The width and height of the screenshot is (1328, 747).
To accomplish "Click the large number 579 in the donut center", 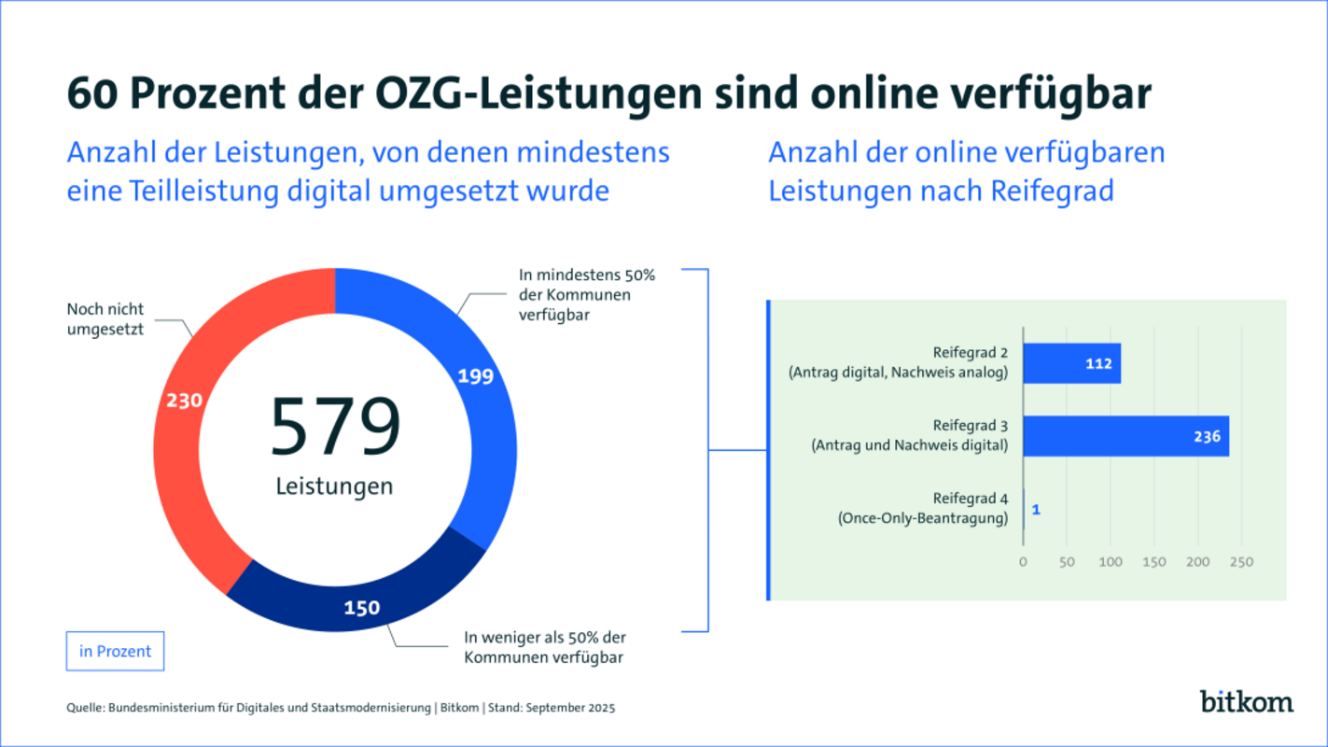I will [335, 428].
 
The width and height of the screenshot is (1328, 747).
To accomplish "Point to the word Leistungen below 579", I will [335, 486].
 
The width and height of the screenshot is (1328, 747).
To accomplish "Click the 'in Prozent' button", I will [115, 652].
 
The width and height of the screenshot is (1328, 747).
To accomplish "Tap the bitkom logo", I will [1246, 700].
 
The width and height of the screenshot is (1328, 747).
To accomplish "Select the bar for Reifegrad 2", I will [1071, 363].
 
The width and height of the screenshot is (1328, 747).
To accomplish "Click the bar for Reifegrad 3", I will [1125, 436].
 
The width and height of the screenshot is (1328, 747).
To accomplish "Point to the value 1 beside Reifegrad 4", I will [1036, 510].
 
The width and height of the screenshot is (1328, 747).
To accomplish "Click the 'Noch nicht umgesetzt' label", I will [105, 318].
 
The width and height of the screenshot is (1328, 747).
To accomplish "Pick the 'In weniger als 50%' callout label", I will [545, 647].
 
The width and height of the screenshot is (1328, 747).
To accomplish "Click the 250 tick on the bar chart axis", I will [1240, 562].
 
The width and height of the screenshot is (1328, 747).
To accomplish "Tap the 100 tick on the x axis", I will [1111, 562].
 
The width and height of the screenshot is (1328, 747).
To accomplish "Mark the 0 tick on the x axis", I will [1023, 562].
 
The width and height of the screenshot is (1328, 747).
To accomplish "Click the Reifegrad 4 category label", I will [970, 500].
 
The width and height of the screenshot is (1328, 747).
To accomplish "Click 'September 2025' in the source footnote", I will [571, 708].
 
